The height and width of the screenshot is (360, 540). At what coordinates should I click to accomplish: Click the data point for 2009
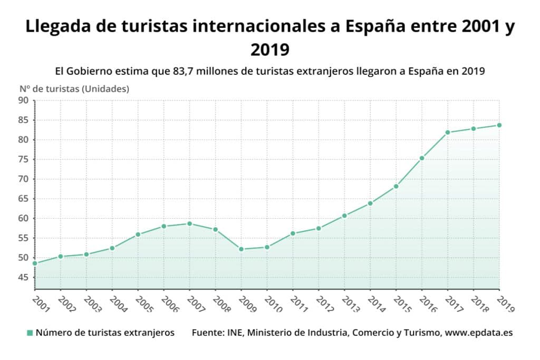tap(241, 249)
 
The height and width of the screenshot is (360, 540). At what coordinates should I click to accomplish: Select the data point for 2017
tap(448, 132)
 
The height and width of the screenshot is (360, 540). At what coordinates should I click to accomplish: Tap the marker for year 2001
tap(35, 263)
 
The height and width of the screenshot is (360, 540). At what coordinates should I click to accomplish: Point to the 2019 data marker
tap(499, 125)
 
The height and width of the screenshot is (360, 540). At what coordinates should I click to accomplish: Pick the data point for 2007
tap(189, 223)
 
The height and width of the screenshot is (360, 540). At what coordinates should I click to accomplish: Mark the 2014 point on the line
tap(370, 203)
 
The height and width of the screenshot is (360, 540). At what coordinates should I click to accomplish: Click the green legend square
tap(30, 333)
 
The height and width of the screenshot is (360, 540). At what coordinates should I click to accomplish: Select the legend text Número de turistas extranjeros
tap(105, 333)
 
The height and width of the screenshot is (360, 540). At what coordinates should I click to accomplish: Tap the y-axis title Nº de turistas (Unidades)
tap(74, 89)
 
